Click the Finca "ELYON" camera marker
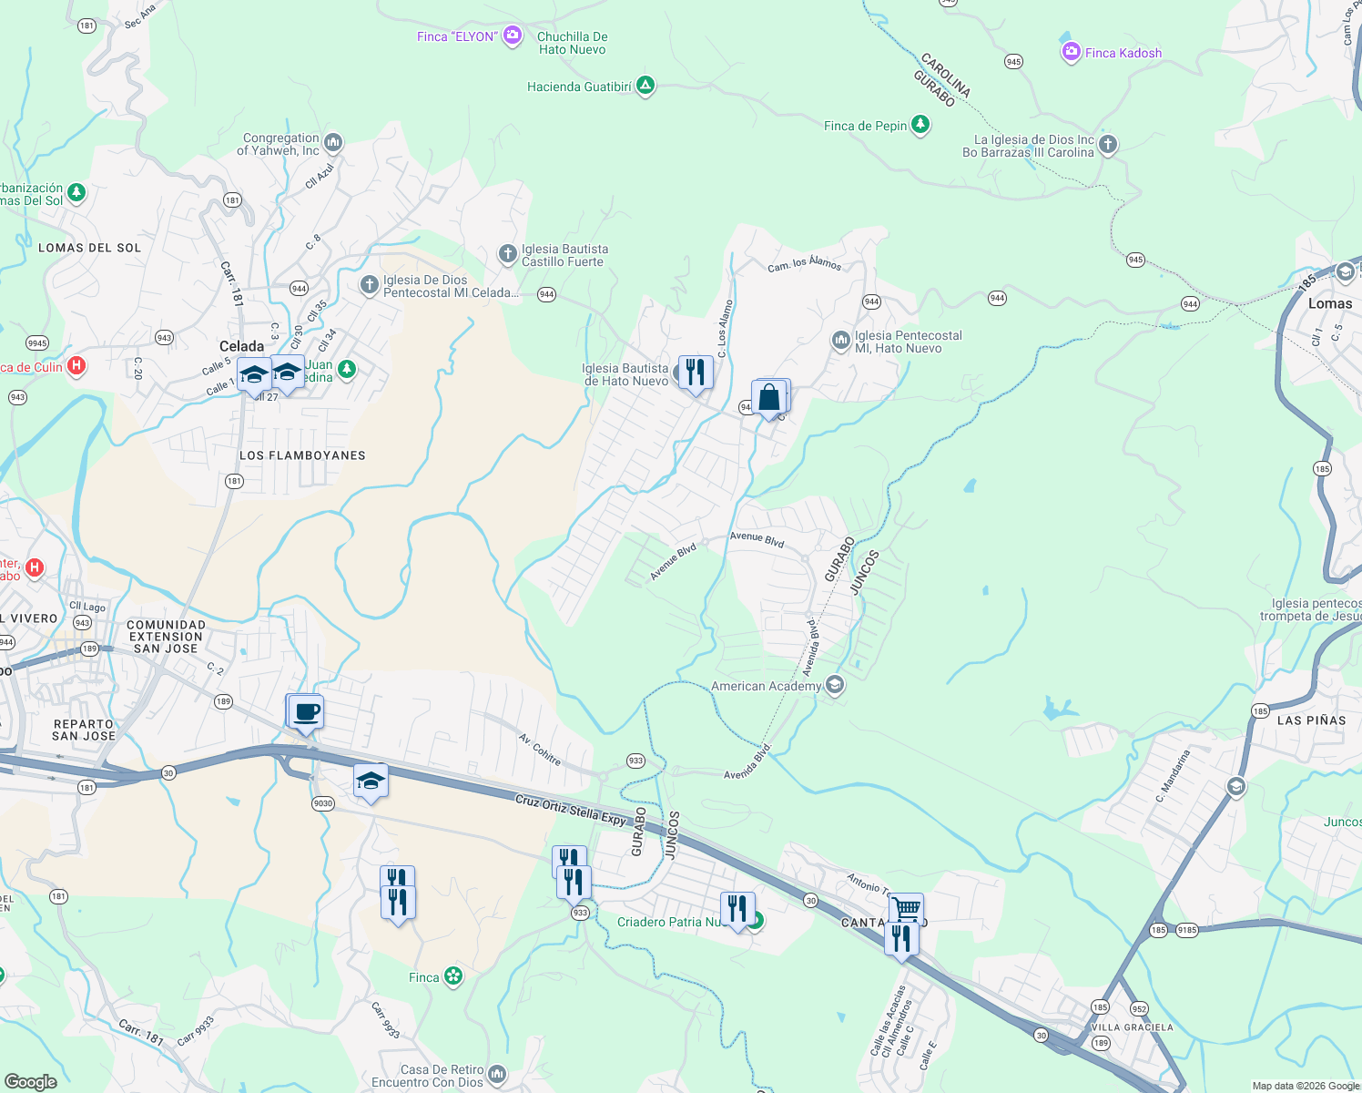pos(513,36)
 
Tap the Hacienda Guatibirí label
pos(579,87)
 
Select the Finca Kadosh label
pos(1123,53)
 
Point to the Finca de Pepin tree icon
pos(920,124)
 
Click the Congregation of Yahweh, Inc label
pos(280,144)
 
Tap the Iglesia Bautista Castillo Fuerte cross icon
pos(508,254)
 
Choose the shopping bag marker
pos(769,398)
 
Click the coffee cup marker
pos(307,711)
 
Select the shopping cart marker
pos(905,908)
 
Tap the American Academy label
pos(766,686)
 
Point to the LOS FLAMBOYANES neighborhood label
pos(302,455)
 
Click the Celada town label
pos(242,346)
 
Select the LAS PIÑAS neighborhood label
pos(1311,720)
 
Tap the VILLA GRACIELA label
pos(1132,1027)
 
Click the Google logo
pos(31,1081)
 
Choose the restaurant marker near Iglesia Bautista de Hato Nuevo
pos(696,373)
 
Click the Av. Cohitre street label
pos(540,749)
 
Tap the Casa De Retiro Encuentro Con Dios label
pos(442,1076)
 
